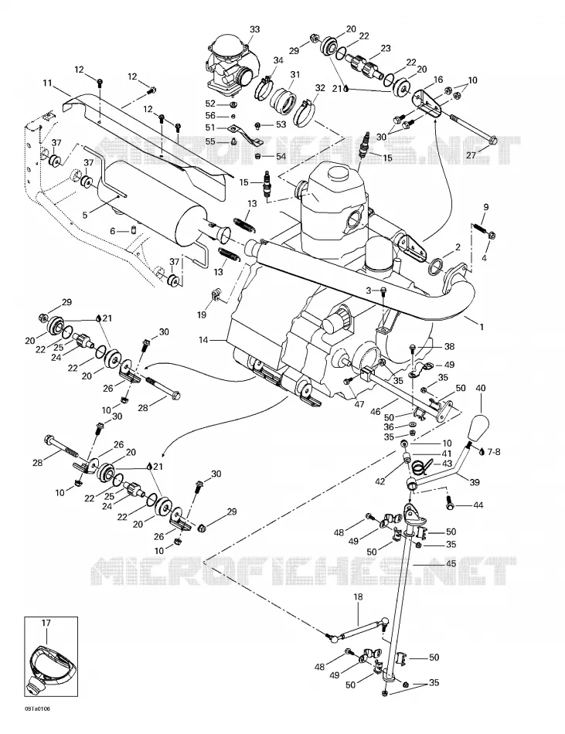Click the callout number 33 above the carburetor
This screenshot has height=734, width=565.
254,29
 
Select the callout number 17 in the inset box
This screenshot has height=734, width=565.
46,623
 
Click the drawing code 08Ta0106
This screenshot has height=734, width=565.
37,709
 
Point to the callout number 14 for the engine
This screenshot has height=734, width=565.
203,340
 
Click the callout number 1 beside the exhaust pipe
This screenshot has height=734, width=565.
482,328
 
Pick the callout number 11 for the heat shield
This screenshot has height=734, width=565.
47,83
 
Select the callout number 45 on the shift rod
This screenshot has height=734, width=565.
451,563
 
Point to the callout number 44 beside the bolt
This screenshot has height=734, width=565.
478,505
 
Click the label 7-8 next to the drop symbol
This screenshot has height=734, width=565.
493,452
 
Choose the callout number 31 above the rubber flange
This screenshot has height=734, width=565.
295,74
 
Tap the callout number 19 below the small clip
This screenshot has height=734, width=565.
202,314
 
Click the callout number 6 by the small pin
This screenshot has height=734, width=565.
112,231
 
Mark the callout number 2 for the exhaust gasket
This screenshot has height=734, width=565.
458,246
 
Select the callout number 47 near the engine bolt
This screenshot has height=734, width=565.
359,404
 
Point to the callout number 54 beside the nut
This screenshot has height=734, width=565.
281,156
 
